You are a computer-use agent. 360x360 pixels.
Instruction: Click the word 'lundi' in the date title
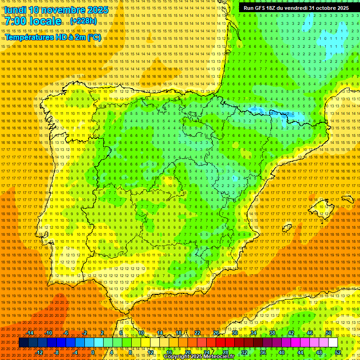click(15, 10)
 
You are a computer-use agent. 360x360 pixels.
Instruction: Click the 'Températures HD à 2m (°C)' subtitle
click(52, 37)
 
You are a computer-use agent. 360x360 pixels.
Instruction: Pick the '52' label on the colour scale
click(338, 352)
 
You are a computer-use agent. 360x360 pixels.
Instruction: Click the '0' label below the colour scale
click(93, 352)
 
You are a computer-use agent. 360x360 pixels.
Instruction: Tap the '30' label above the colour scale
click(234, 333)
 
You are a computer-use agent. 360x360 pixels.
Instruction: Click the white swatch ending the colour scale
click(333, 343)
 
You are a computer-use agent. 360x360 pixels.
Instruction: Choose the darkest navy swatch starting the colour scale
click(23, 343)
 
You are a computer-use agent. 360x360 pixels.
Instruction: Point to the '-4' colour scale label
click(75, 352)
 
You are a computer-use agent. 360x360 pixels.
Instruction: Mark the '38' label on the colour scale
click(272, 333)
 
